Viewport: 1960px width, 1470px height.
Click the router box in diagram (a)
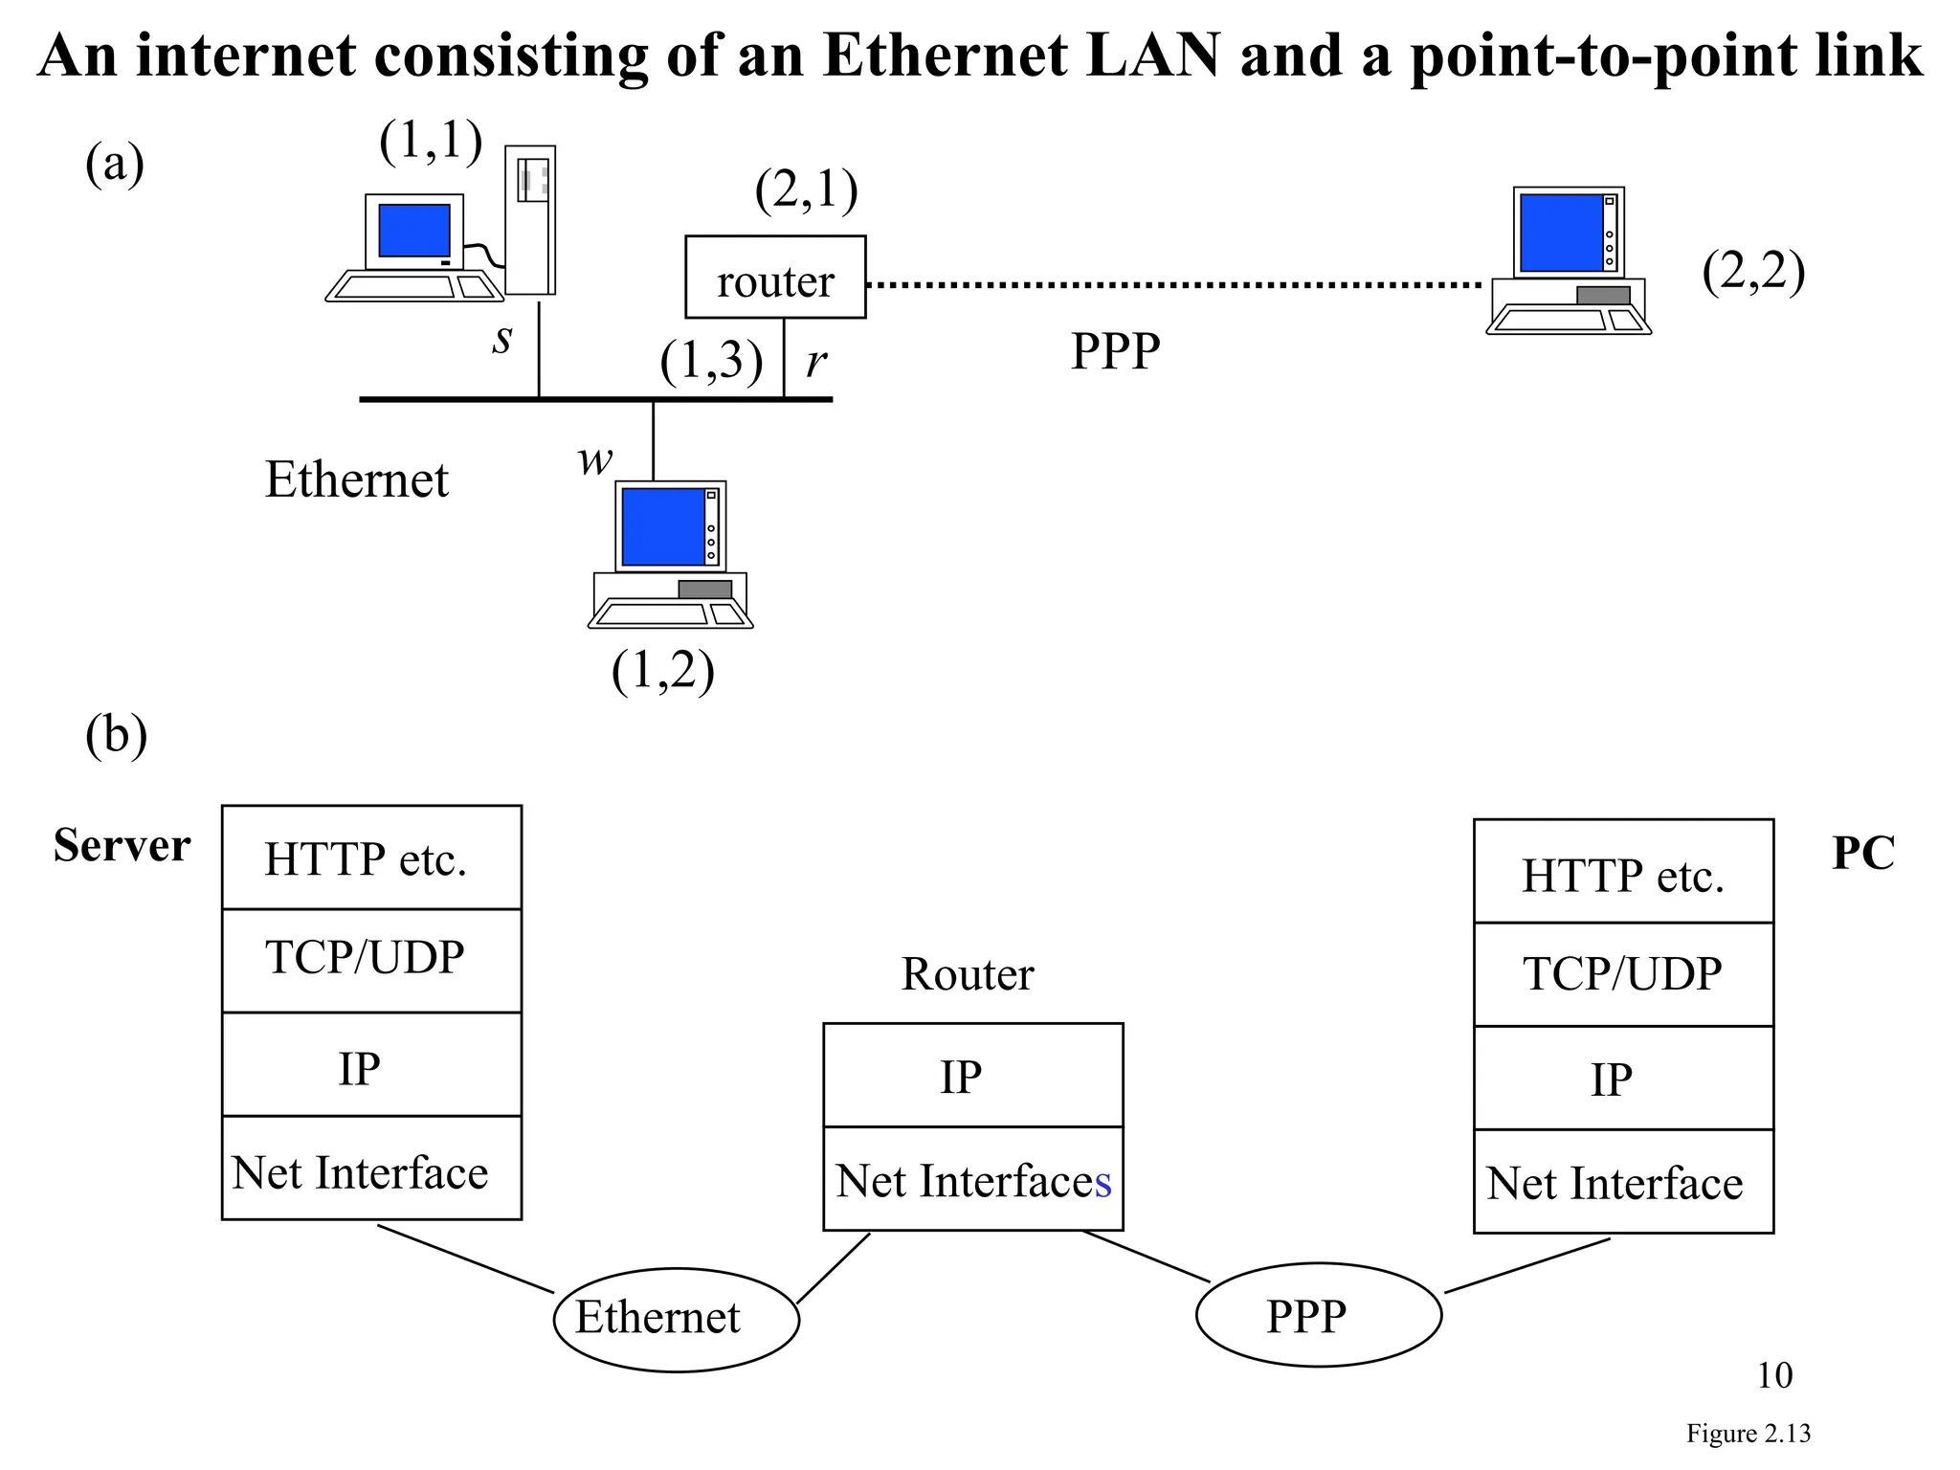pyautogui.click(x=775, y=278)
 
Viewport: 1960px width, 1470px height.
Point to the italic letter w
pyautogui.click(x=594, y=460)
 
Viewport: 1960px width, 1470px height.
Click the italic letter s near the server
pyautogui.click(x=502, y=339)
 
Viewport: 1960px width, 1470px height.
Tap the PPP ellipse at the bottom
pyautogui.click(x=1318, y=1315)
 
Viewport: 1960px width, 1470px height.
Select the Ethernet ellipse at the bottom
pyautogui.click(x=676, y=1319)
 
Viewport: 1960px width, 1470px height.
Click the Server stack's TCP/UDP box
pyautogui.click(x=371, y=960)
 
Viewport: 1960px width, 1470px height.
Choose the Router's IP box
pyautogui.click(x=972, y=1076)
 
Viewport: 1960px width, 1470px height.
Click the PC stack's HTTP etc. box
pyautogui.click(x=1623, y=872)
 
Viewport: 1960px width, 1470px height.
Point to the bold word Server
pyautogui.click(x=122, y=846)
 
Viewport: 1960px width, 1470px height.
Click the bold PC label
pyautogui.click(x=1862, y=853)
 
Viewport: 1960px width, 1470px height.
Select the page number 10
pyautogui.click(x=1774, y=1375)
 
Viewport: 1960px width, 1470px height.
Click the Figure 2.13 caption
pyautogui.click(x=1748, y=1434)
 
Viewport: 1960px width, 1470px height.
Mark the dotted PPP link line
pyautogui.click(x=1172, y=285)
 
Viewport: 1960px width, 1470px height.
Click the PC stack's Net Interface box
pyautogui.click(x=1623, y=1182)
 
